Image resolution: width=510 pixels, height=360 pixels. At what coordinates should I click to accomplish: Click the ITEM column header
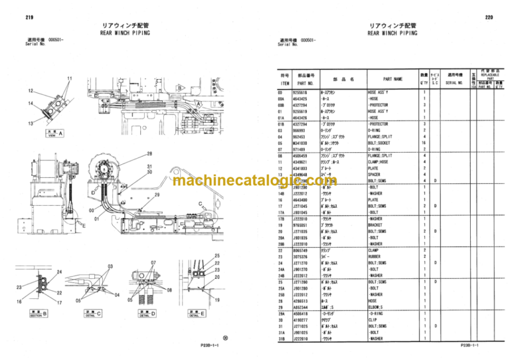click(x=285, y=80)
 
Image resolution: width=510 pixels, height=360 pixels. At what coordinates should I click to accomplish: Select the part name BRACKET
click(x=379, y=225)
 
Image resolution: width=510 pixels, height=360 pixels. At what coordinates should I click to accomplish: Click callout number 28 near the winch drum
click(x=149, y=153)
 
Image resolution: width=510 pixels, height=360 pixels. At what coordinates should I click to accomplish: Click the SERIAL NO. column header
click(x=457, y=79)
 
